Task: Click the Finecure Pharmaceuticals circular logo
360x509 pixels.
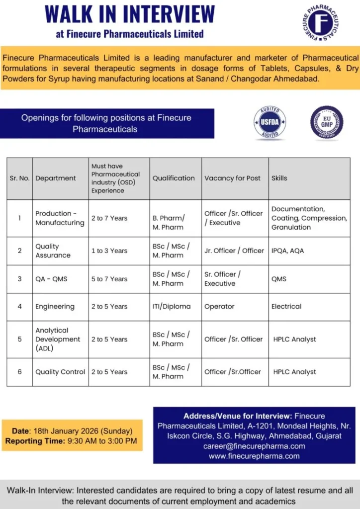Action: point(320,23)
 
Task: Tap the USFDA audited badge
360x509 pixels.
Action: point(270,122)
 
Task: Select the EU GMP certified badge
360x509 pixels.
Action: point(326,122)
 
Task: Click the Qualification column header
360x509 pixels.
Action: point(174,178)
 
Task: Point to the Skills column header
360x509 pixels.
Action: point(279,178)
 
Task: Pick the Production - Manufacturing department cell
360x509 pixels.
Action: point(60,218)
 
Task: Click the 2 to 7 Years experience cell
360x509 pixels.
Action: point(109,218)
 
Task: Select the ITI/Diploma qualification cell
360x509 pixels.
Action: point(172,306)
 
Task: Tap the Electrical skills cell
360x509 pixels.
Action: point(286,306)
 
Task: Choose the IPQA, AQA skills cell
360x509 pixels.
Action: point(287,251)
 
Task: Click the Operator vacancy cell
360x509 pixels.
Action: point(219,306)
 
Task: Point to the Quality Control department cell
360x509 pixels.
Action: point(60,372)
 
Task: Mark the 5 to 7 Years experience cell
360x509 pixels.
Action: point(109,279)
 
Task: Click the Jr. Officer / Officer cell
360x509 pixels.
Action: point(234,251)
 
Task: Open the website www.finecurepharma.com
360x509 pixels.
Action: point(254,456)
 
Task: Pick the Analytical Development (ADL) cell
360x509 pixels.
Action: point(58,339)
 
